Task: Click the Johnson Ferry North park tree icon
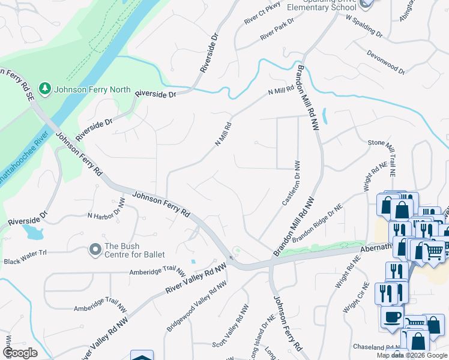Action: pyautogui.click(x=44, y=89)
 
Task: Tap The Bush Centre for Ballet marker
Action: pyautogui.click(x=94, y=248)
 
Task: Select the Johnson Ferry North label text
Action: pyautogui.click(x=92, y=89)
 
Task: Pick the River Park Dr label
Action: pyautogui.click(x=277, y=29)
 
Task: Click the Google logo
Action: pyautogui.click(x=20, y=353)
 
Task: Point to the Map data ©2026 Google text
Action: pyautogui.click(x=412, y=355)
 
